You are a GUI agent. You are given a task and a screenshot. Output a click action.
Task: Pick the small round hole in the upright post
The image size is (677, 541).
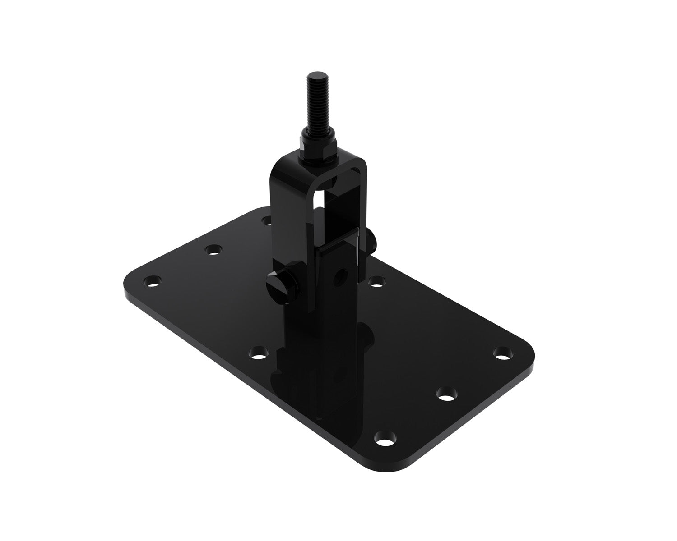coord(342,273)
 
